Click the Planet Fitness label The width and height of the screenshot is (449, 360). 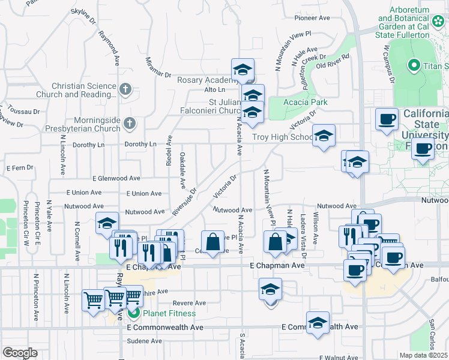pos(169,313)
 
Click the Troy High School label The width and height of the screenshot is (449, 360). pos(282,137)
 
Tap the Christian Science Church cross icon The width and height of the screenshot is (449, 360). pos(125,90)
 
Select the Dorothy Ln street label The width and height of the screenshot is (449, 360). pos(140,145)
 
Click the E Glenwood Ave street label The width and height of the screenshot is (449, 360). pos(116,178)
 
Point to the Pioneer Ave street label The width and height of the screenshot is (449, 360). pos(312,18)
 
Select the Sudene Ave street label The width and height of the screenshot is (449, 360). pos(145,341)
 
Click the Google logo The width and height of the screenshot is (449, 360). pos(20,353)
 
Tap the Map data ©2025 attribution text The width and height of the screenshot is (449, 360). pos(423,355)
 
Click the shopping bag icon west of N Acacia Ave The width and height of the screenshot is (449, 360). pos(212,242)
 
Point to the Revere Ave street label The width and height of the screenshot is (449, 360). pos(184,303)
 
